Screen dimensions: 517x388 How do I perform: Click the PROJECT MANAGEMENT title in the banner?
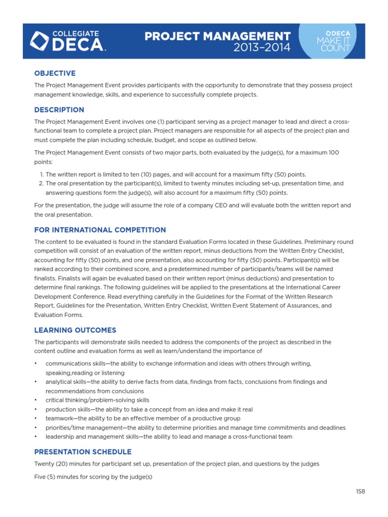[x=217, y=36]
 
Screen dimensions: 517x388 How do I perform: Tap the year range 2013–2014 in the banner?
[x=262, y=48]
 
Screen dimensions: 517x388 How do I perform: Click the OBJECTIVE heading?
[x=55, y=73]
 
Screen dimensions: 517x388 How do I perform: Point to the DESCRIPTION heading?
[x=59, y=110]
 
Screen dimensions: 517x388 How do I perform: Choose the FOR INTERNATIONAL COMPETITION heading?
[x=100, y=230]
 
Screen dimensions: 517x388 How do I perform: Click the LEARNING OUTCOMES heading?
[x=75, y=330]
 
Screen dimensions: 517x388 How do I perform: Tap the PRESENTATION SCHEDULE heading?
[x=82, y=452]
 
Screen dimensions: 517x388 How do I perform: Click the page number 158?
[x=360, y=491]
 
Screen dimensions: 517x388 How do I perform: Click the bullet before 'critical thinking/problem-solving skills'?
[x=36, y=400]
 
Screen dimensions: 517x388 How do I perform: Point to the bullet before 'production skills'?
[x=36, y=409]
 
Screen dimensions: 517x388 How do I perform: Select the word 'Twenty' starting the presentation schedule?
[x=44, y=463]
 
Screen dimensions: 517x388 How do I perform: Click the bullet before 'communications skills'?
[x=36, y=364]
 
